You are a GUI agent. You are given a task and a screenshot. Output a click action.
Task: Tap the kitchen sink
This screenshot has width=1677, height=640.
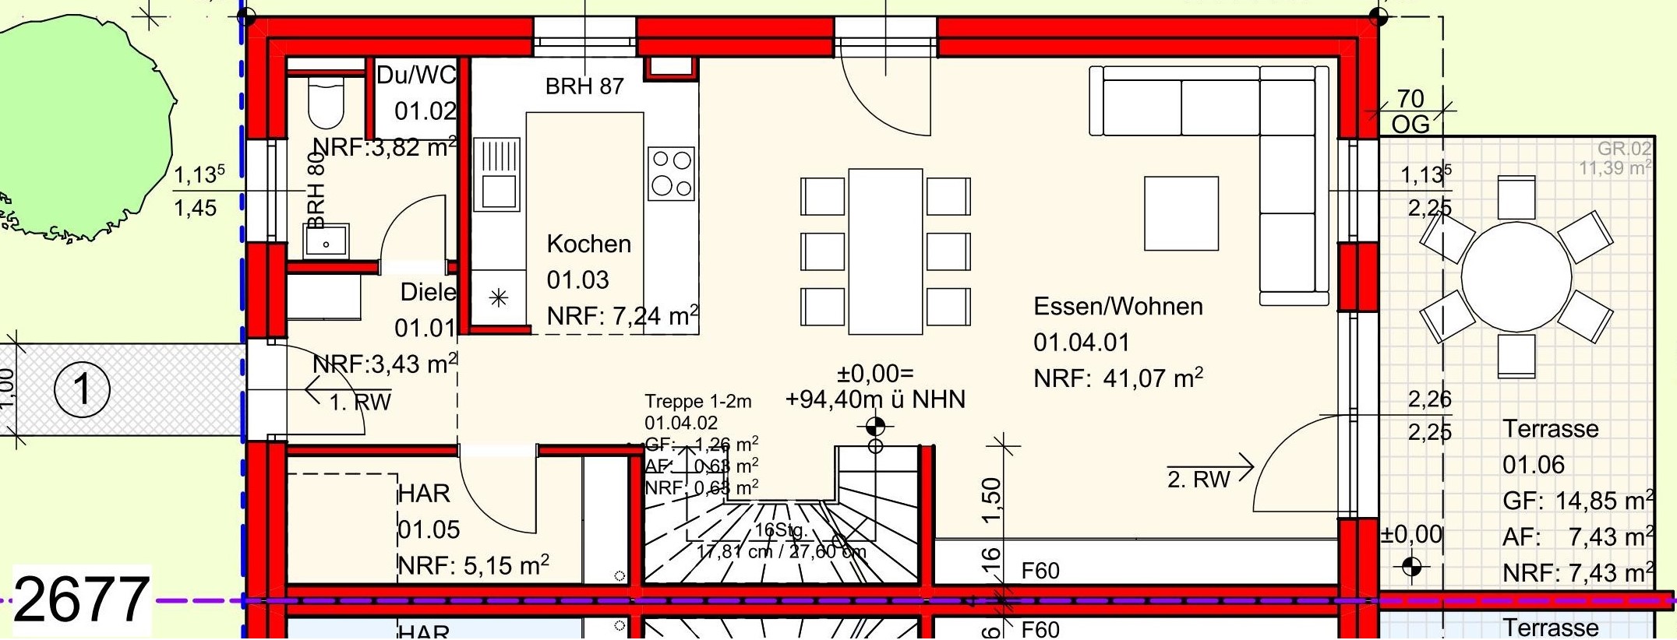496,174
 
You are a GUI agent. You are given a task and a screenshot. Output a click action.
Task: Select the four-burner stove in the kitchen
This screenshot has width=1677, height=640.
670,173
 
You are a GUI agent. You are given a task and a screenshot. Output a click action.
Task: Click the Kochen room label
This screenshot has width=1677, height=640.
588,244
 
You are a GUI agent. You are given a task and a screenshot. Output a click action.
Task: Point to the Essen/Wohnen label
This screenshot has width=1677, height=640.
1117,306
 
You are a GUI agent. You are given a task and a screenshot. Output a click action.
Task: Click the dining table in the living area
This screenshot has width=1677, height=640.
885,251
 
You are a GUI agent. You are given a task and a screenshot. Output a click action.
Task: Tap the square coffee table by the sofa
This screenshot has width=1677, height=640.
1181,213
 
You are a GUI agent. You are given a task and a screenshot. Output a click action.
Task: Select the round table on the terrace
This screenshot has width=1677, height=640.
1516,277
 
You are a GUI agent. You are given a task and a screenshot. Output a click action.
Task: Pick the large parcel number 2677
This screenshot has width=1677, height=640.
80,600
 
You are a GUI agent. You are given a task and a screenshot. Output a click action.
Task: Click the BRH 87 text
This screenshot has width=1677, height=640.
584,86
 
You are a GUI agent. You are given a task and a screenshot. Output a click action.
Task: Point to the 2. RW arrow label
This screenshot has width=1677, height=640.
1199,478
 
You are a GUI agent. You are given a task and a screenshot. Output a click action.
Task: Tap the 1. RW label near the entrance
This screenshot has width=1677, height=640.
360,402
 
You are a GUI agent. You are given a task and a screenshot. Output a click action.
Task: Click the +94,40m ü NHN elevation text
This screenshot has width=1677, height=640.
875,399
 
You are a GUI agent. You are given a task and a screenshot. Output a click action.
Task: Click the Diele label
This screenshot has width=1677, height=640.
428,292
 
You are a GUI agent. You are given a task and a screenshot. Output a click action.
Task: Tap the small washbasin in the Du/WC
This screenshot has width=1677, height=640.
327,241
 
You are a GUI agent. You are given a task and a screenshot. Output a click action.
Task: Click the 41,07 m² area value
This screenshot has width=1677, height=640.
1153,378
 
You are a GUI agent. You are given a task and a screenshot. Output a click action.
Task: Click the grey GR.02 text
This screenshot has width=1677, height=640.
1624,149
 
